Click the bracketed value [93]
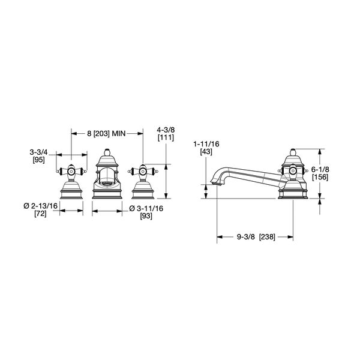click(146, 216)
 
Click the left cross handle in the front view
click(71, 171)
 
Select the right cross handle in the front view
click(142, 171)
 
